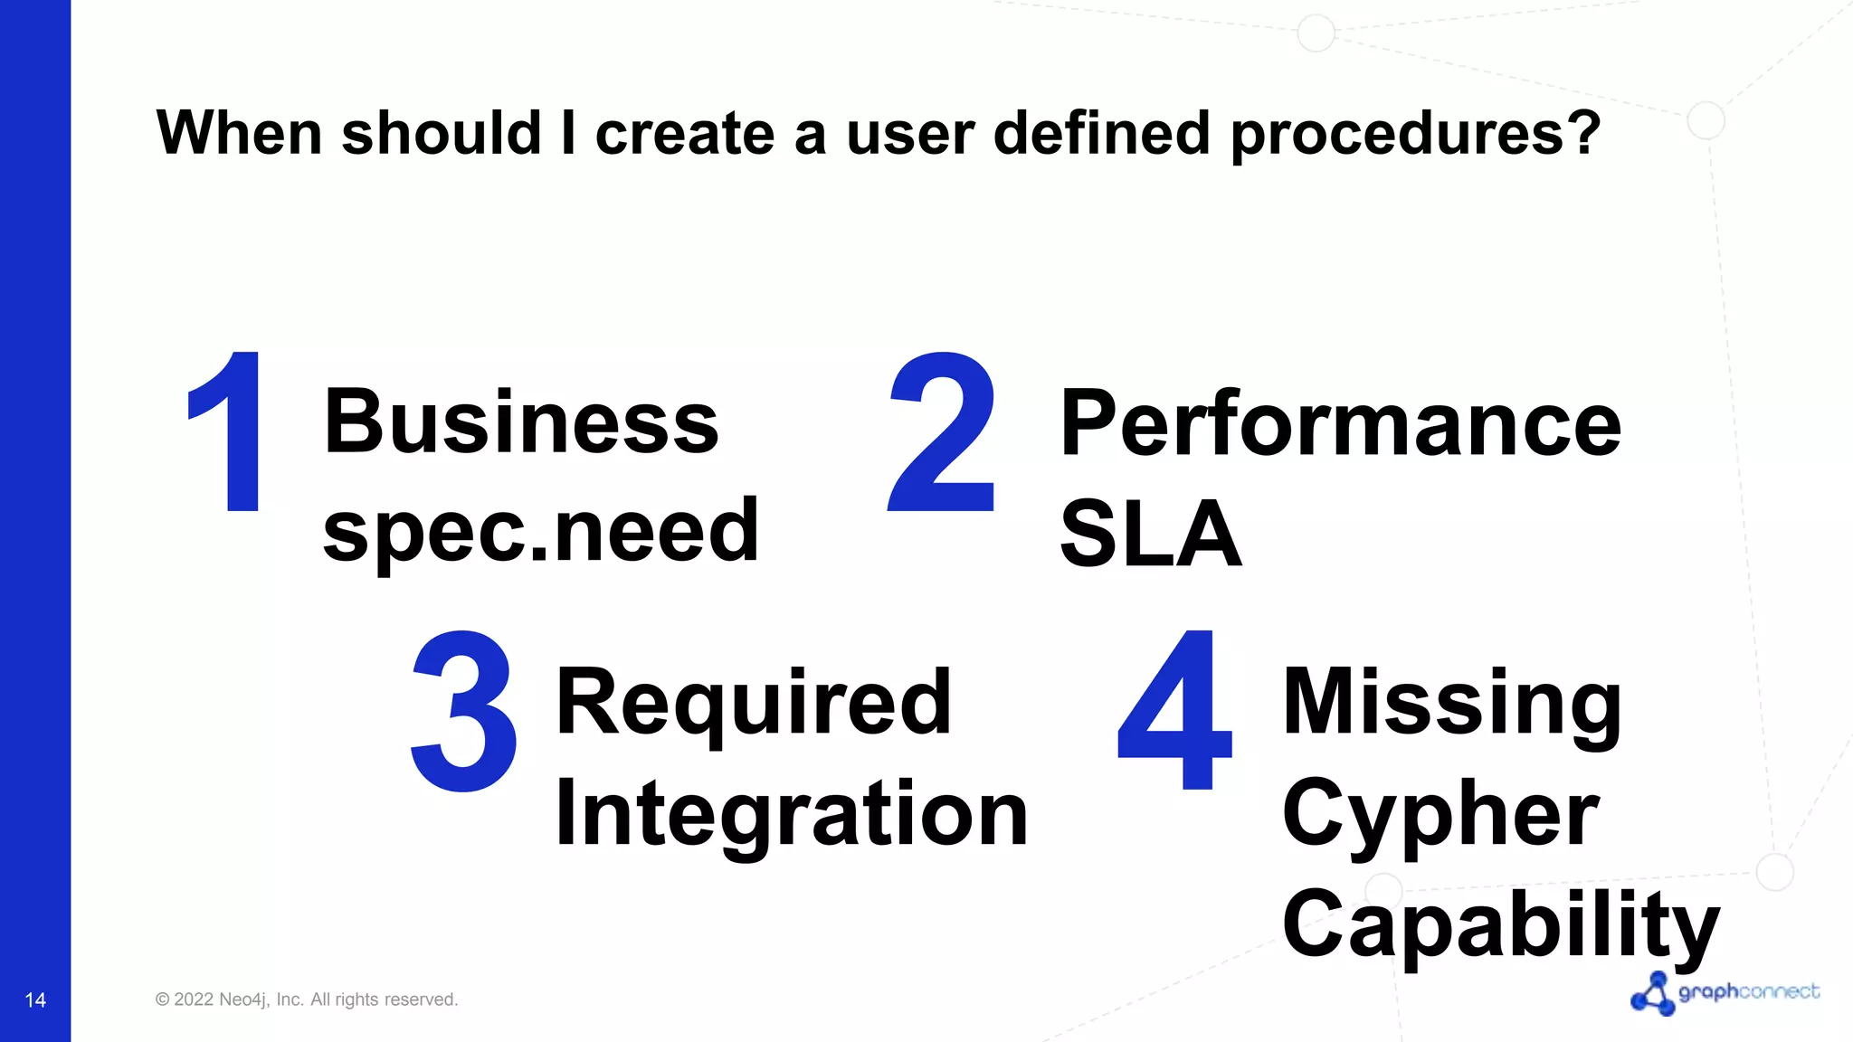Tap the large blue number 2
[943, 432]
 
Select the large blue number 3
[464, 711]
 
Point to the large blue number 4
[1174, 711]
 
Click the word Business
[521, 422]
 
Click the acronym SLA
[1150, 535]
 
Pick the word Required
[753, 703]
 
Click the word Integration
[792, 814]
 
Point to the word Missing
[1452, 703]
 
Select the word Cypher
[1440, 814]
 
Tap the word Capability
[1500, 924]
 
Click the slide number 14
[35, 999]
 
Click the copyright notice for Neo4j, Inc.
[307, 999]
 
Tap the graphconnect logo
[1725, 993]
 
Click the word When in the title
[239, 134]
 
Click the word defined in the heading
[1101, 132]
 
